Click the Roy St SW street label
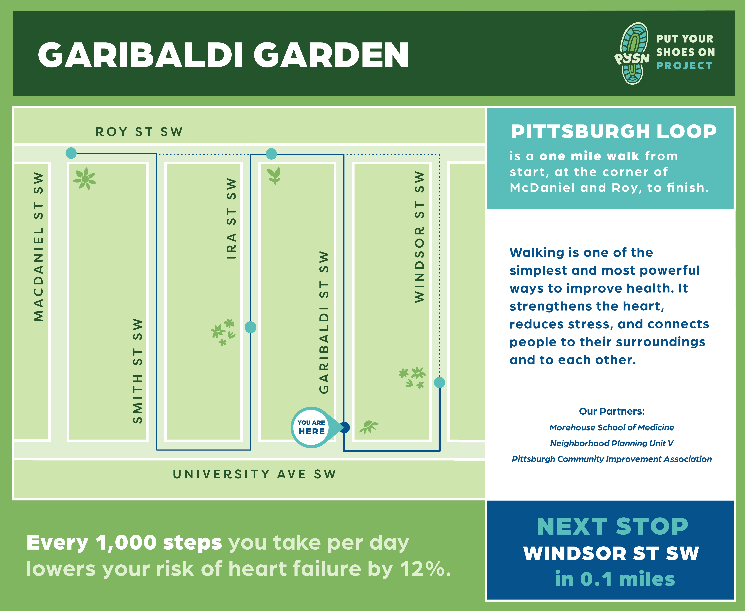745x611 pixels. [x=139, y=132]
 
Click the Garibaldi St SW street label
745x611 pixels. [x=324, y=322]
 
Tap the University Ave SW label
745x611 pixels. [x=254, y=474]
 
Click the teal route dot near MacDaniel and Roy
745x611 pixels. [x=71, y=153]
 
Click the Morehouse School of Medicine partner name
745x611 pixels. [x=612, y=427]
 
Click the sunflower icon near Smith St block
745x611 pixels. [x=84, y=178]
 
